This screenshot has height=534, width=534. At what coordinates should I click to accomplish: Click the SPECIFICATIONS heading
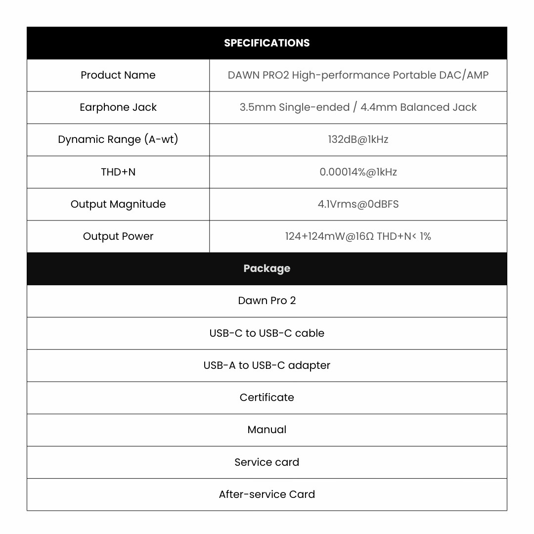267,43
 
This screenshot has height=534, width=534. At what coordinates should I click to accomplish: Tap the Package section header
267,268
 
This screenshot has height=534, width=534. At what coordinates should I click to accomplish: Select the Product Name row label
118,75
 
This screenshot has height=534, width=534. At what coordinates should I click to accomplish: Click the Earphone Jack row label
118,107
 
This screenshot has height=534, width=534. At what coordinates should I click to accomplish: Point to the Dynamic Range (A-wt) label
118,139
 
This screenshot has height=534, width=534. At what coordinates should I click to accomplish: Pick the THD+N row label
118,172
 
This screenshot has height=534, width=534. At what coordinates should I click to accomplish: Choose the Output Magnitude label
118,204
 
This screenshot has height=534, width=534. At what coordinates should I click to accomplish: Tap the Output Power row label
118,236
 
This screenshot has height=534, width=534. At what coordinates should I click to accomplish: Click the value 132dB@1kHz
358,139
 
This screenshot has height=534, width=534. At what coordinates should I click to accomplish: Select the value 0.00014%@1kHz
358,172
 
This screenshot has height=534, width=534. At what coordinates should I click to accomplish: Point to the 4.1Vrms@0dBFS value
358,204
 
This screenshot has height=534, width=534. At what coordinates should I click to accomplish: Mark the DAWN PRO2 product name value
358,75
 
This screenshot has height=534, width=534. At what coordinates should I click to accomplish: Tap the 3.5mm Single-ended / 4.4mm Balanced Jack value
358,107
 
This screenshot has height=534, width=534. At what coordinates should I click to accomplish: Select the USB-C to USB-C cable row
267,333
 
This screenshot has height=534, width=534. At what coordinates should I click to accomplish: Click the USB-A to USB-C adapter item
267,365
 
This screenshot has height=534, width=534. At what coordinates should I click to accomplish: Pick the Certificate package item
267,398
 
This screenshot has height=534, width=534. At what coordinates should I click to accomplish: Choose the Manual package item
267,430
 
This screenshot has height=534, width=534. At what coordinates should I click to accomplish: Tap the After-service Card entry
267,494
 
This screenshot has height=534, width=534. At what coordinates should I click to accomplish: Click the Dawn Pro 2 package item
267,301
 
